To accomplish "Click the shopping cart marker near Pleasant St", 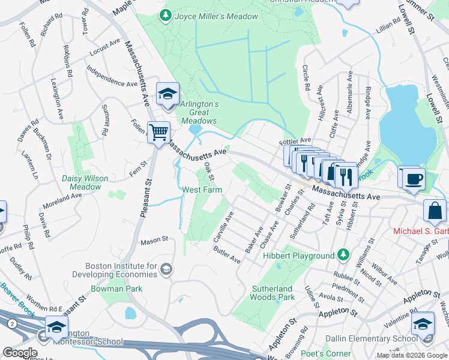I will (158, 132).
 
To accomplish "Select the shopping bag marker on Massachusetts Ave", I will (435, 211).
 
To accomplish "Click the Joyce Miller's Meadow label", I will (216, 16).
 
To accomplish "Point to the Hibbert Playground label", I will (298, 256).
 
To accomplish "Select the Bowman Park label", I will (116, 289).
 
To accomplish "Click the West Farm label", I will (202, 190).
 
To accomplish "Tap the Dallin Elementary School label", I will (371, 338).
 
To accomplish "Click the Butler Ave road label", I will (228, 256).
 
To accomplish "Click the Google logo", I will (20, 353).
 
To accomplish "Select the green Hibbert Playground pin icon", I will (343, 255).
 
